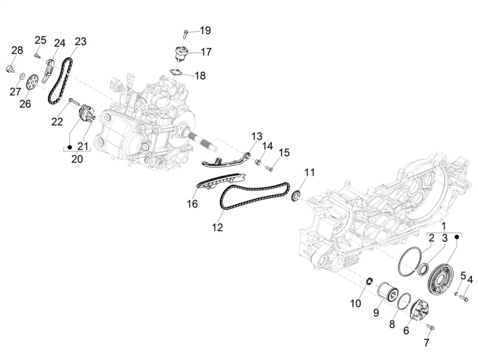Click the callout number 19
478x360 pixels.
pos(205,30)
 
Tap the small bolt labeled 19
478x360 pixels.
pos(186,33)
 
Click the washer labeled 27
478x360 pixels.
pos(22,76)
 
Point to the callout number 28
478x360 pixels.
pos(17,50)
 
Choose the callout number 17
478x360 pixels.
pos(206,52)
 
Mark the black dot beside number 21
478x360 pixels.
pos(69,147)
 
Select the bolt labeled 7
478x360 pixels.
pos(431,327)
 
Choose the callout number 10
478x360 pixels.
pos(356,303)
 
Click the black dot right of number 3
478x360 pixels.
pos(457,236)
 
